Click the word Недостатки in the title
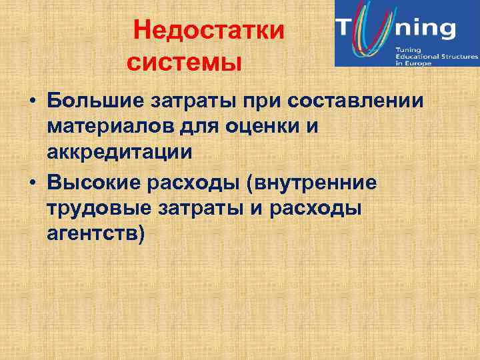(x=209, y=31)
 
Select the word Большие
(x=91, y=102)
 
